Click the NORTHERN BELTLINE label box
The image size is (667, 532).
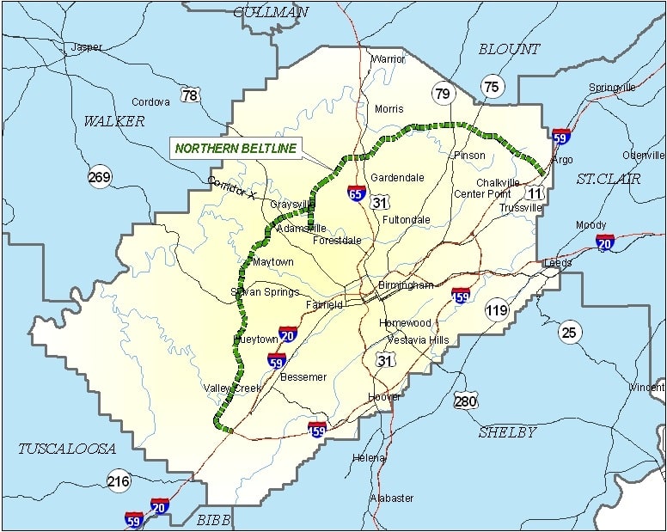236,148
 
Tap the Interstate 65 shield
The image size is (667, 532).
357,193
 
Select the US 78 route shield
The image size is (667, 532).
190,95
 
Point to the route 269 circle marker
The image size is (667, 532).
100,178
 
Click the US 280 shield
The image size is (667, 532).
466,401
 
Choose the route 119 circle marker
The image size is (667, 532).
497,310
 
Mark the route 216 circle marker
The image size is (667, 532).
119,481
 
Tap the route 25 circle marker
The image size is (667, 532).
569,332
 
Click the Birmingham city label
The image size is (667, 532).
407,284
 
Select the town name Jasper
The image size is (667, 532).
86,47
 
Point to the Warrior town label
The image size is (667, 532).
388,59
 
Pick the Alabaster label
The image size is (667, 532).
392,498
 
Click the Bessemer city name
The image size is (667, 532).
304,376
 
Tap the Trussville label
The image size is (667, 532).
522,207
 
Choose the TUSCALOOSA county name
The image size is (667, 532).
67,449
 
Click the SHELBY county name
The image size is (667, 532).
507,431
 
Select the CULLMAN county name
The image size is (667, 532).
271,12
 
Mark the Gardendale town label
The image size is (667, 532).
397,177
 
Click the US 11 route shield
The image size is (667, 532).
534,193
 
